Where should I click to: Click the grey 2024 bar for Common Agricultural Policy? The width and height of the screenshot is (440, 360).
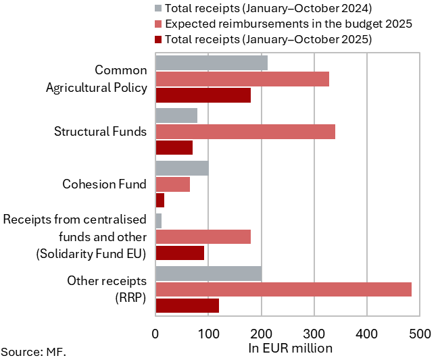pyautogui.click(x=212, y=63)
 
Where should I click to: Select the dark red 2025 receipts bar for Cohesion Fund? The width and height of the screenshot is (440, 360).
pyautogui.click(x=160, y=200)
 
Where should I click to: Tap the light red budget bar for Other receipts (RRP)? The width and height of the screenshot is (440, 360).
pyautogui.click(x=283, y=290)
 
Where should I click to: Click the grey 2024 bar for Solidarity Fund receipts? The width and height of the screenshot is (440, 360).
pyautogui.click(x=159, y=221)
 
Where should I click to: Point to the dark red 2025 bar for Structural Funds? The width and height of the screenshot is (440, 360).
pyautogui.click(x=174, y=147)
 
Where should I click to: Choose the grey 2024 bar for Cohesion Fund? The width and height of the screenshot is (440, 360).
pyautogui.click(x=182, y=168)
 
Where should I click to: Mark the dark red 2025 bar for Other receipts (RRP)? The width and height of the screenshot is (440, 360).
pyautogui.click(x=187, y=305)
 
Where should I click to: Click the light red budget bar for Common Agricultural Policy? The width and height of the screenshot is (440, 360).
pyautogui.click(x=243, y=79)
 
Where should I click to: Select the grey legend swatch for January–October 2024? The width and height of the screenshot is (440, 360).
pyautogui.click(x=159, y=9)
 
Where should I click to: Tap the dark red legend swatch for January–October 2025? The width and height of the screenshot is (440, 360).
pyautogui.click(x=159, y=39)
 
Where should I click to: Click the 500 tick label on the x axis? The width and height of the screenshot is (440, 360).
pyautogui.click(x=419, y=334)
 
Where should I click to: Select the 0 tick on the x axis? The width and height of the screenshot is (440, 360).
pyautogui.click(x=156, y=334)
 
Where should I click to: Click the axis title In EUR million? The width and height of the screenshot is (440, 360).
pyautogui.click(x=291, y=349)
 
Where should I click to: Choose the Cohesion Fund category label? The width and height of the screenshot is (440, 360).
pyautogui.click(x=104, y=184)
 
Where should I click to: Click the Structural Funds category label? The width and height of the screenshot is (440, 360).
pyautogui.click(x=100, y=131)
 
